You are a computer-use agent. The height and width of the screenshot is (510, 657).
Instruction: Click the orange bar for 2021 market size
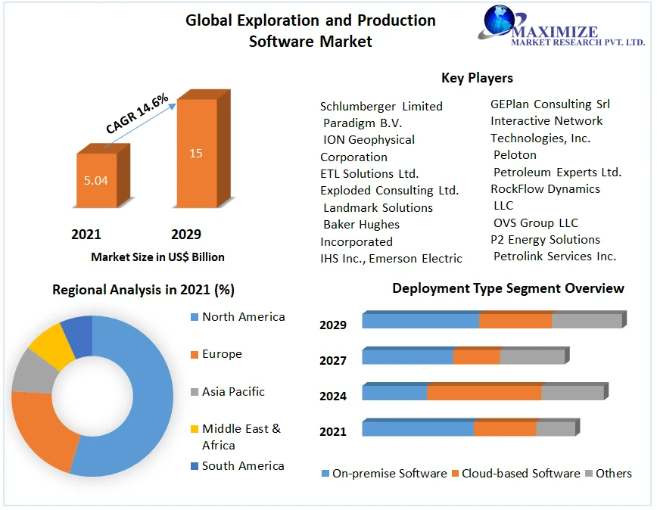pyautogui.click(x=97, y=180)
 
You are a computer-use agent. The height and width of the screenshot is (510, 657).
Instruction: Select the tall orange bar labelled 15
pyautogui.click(x=196, y=153)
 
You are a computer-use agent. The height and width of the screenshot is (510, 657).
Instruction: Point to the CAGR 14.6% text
pyautogui.click(x=137, y=114)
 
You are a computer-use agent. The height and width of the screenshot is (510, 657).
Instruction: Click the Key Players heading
pyautogui.click(x=477, y=78)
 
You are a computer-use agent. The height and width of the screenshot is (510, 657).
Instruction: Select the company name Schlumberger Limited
pyautogui.click(x=381, y=106)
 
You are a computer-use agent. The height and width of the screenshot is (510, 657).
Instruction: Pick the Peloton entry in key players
pyautogui.click(x=515, y=155)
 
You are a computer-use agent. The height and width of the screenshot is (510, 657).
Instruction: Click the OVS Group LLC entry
pyautogui.click(x=535, y=222)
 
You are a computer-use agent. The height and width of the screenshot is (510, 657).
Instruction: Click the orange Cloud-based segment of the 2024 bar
pyautogui.click(x=484, y=393)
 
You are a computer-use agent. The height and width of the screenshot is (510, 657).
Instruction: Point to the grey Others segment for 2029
pyautogui.click(x=587, y=320)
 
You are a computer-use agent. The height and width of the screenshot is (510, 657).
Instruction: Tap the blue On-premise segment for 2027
pyautogui.click(x=407, y=356)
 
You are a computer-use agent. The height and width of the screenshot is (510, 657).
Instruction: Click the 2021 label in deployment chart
pyautogui.click(x=333, y=431)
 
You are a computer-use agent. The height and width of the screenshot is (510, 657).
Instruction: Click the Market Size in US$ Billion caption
pyautogui.click(x=157, y=257)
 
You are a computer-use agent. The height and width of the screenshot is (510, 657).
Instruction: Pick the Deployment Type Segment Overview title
pyautogui.click(x=508, y=288)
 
